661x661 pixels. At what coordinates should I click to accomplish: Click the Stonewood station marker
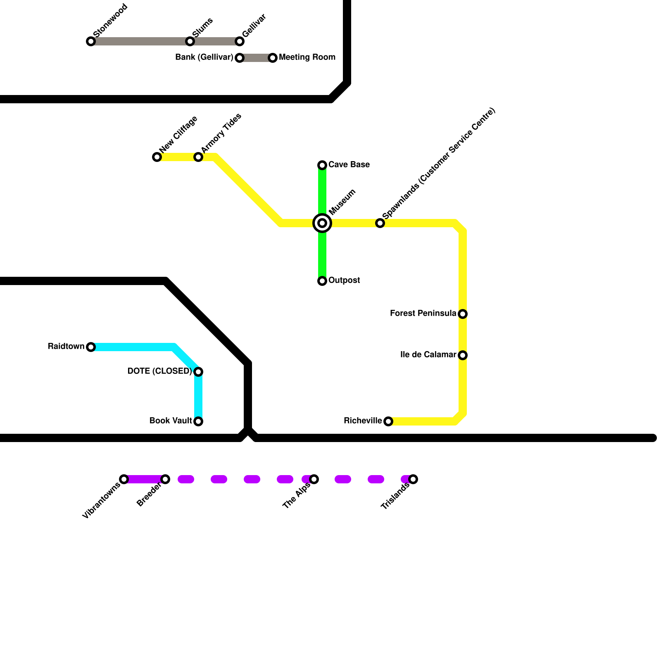pos(91,41)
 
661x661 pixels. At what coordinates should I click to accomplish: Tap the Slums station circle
pos(190,41)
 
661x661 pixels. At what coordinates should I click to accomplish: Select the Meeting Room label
pos(307,57)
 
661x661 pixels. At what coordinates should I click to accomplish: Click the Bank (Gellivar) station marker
pos(240,58)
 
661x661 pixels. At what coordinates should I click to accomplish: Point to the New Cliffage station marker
pos(157,157)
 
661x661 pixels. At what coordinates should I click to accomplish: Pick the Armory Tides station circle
pos(198,157)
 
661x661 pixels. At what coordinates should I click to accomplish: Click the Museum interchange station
pos(322,223)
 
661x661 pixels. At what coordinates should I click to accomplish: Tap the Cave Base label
pos(349,165)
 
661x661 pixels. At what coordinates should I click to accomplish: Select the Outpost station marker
pos(322,281)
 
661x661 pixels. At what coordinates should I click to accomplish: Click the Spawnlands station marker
pos(380,223)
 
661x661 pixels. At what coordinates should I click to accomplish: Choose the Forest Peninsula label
pos(423,314)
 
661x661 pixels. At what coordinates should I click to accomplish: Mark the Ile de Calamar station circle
pos(463,355)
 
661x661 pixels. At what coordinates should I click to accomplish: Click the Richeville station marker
pos(388,421)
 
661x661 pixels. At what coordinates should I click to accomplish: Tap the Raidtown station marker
pos(91,347)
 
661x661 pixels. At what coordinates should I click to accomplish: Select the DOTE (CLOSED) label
pos(159,371)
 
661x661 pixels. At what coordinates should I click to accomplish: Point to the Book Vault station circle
pos(198,421)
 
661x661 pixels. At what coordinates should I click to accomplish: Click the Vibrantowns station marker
pos(124,479)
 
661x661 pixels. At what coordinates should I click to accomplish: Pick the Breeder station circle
pos(165,479)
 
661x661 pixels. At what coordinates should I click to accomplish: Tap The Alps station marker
pos(314,479)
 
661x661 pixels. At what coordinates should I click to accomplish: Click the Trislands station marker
pos(413,479)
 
